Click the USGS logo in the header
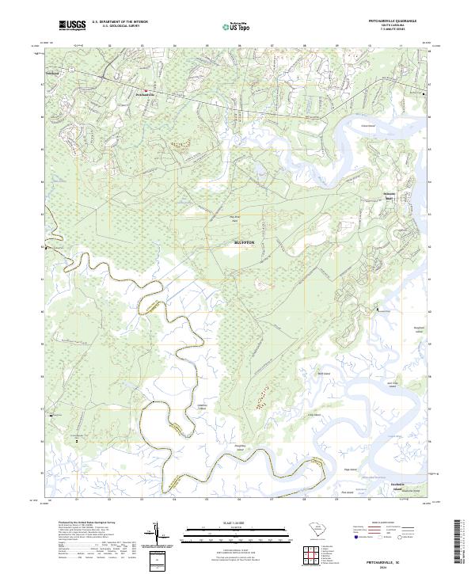coord(72,26)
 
